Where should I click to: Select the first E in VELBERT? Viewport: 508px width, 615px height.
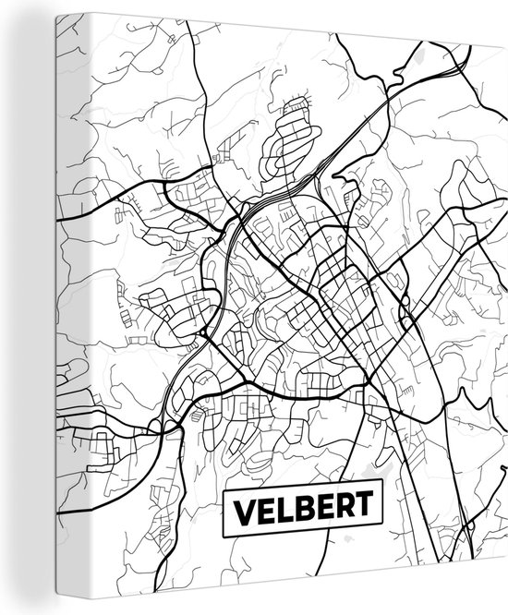click(264, 508)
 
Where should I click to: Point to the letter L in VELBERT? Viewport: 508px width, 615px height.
click(282, 508)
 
